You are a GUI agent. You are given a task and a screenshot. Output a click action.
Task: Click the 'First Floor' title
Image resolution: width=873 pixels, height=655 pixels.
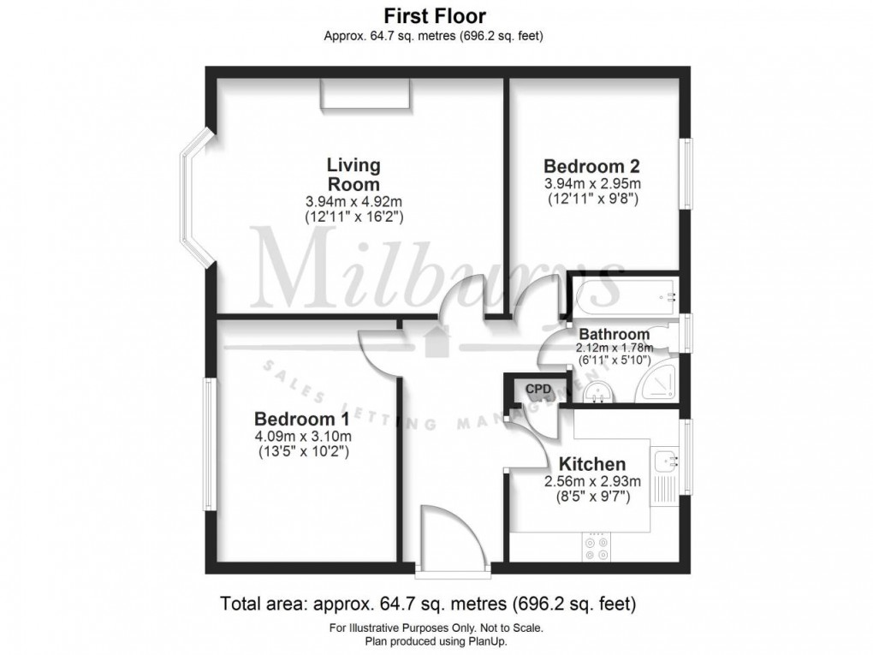pyautogui.click(x=434, y=15)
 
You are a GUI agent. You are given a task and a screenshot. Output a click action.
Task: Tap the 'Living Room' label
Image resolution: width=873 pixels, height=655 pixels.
pyautogui.click(x=353, y=174)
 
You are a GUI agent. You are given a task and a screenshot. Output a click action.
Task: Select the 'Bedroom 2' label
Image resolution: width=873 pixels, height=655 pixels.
pyautogui.click(x=592, y=165)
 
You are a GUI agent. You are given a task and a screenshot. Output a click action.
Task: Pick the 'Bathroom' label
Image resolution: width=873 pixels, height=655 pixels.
pyautogui.click(x=614, y=333)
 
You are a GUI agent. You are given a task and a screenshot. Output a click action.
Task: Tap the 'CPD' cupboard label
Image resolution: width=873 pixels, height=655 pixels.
pyautogui.click(x=537, y=390)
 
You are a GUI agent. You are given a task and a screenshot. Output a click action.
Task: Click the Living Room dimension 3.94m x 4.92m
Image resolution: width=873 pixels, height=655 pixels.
pyautogui.click(x=353, y=201)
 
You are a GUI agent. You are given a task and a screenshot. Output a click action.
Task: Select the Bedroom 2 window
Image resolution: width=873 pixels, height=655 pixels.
pyautogui.click(x=686, y=174)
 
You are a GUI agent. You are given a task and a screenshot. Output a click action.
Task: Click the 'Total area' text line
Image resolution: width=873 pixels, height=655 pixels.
pyautogui.click(x=429, y=604)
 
